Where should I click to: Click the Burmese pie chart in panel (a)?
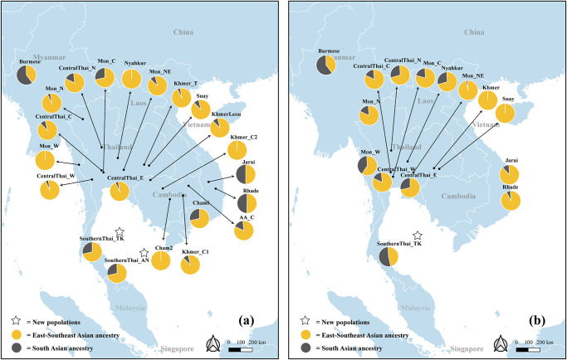pos(27,74)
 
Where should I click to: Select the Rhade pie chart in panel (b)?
pos(511,201)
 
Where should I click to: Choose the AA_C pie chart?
pos(244,229)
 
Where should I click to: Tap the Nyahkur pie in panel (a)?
pos(131,79)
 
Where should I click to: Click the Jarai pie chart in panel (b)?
pos(511,174)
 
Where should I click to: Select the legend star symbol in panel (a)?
pos(17,319)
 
